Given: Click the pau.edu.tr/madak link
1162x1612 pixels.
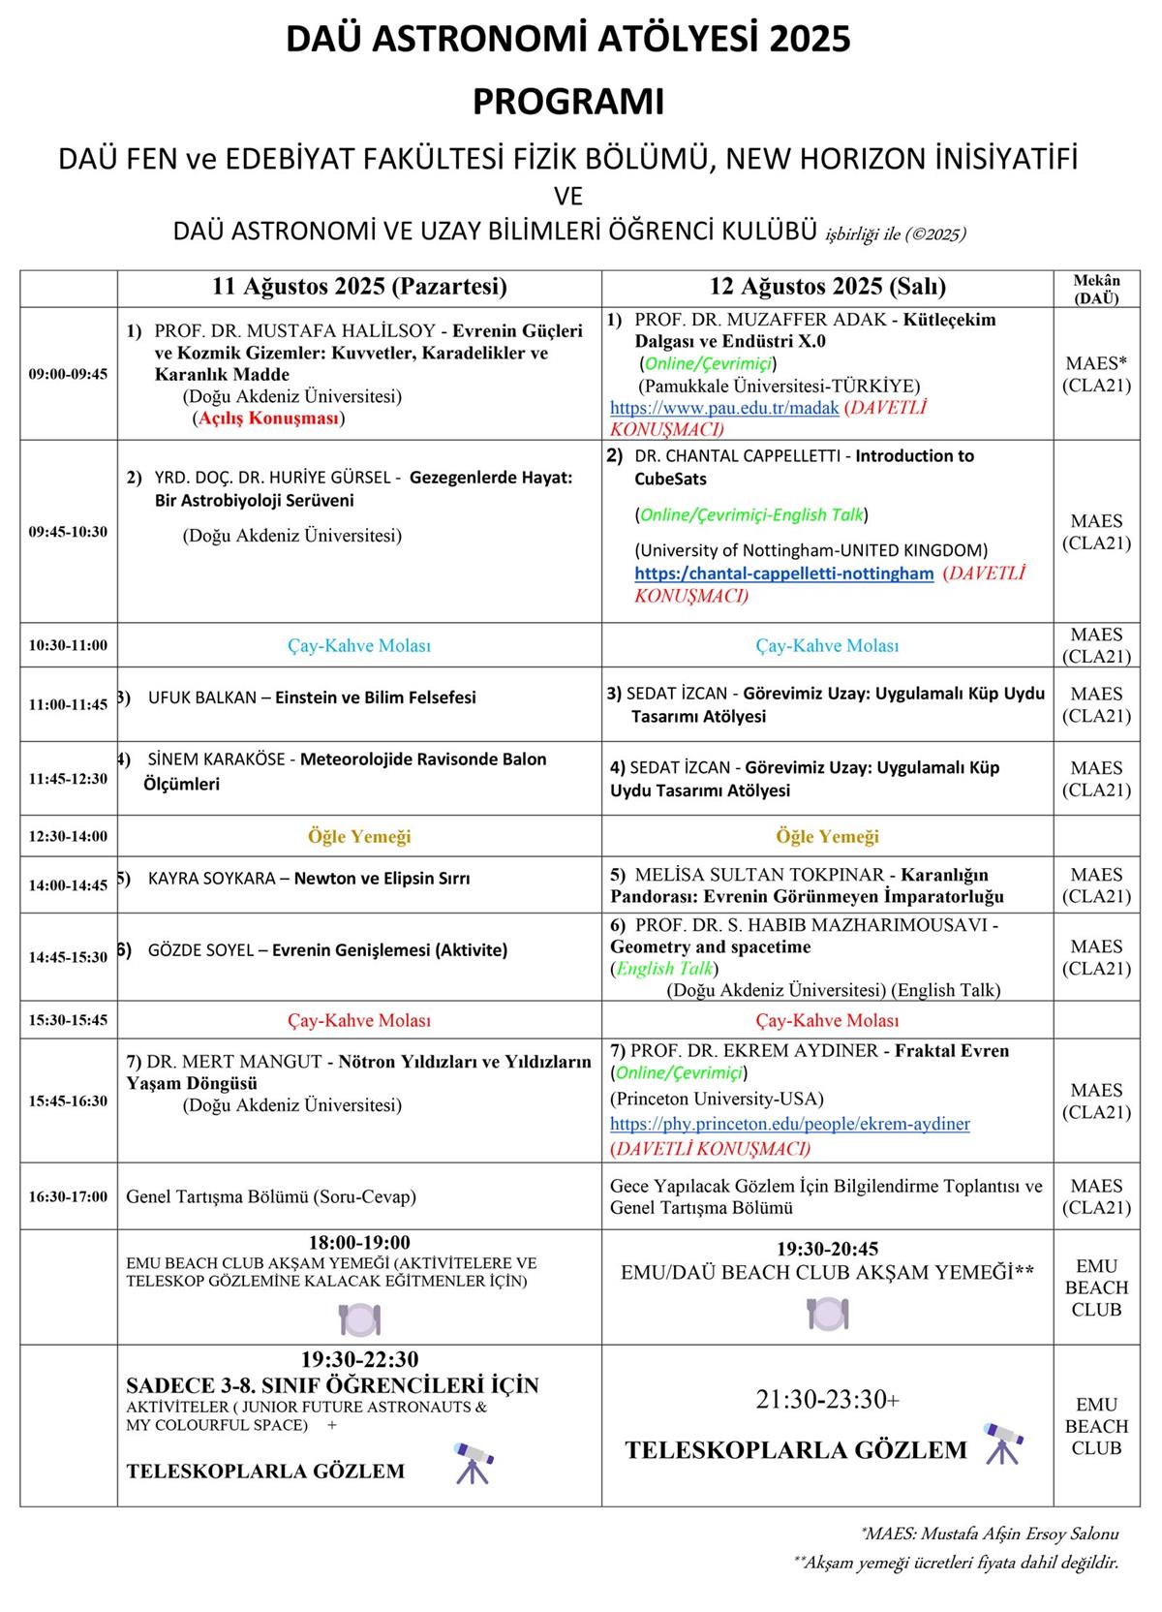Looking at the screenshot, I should [724, 408].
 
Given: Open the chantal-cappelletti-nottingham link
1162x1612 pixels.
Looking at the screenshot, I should [784, 573].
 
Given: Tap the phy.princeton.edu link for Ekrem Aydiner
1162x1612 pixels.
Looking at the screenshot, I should [789, 1124].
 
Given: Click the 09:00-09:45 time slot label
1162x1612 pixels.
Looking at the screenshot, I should [68, 374].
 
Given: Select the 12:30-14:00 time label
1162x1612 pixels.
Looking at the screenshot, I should [68, 836].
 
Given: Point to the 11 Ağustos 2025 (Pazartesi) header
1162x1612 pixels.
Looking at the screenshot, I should [359, 287].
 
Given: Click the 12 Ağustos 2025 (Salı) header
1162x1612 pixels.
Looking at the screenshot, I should [827, 287].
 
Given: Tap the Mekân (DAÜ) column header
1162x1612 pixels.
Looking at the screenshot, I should [1096, 289].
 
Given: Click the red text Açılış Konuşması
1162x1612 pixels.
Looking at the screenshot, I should [270, 418].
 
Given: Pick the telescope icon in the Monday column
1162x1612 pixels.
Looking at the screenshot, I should [473, 1463].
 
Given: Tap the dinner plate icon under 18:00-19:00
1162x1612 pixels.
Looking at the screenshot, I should [359, 1318].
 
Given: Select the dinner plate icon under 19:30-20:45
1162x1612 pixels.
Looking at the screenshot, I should [827, 1313].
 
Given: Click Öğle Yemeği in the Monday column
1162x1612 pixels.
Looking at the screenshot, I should [359, 836].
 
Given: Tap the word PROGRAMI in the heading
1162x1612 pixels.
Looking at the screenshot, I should [568, 102].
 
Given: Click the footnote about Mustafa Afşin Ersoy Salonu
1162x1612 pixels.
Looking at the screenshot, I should [990, 1534].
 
